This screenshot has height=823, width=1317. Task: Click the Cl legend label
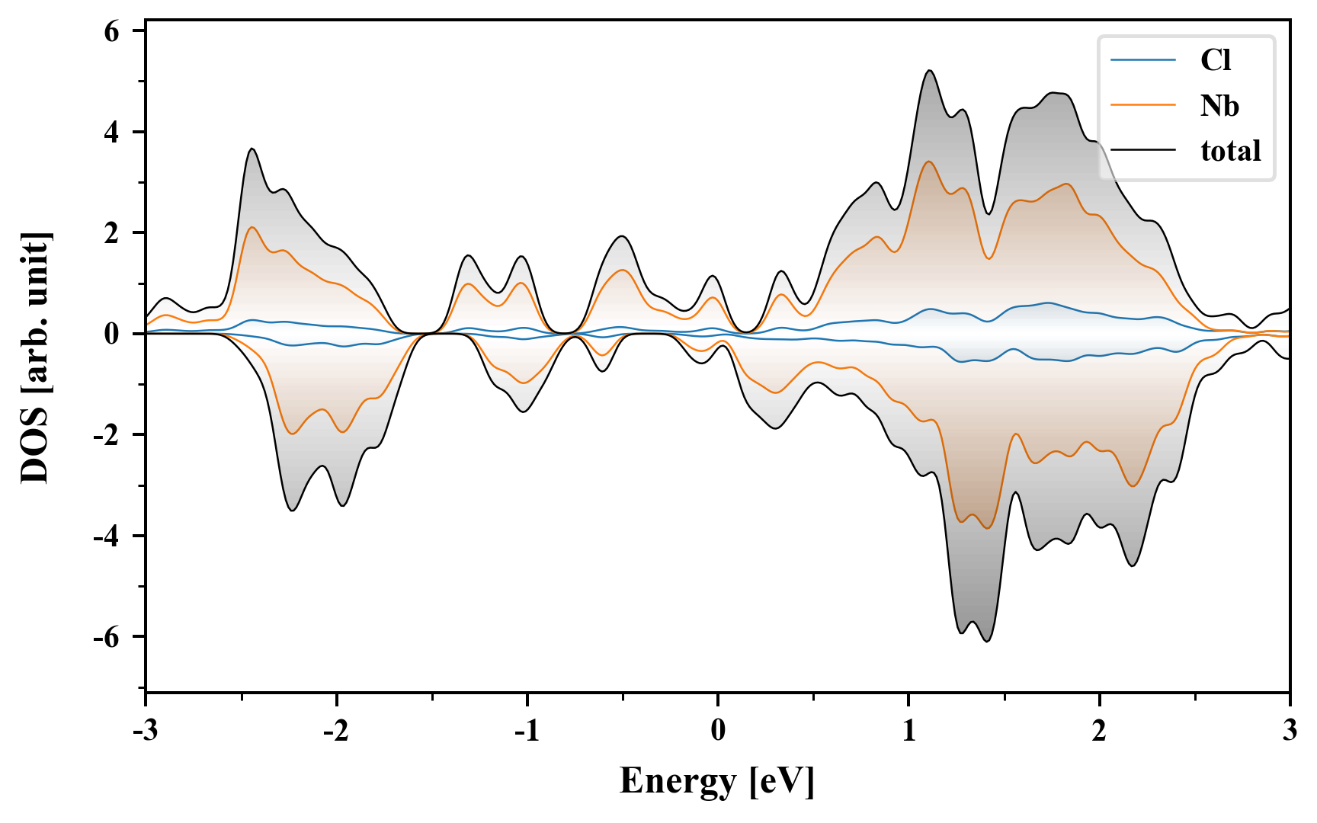[1216, 60]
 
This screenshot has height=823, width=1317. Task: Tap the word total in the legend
[1230, 151]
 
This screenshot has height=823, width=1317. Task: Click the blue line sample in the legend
[1142, 60]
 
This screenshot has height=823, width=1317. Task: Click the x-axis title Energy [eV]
[717, 781]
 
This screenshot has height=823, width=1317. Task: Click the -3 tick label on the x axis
[146, 731]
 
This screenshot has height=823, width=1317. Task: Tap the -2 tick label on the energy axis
[335, 731]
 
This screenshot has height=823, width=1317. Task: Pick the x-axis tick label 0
[718, 731]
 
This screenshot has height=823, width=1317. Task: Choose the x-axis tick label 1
[908, 731]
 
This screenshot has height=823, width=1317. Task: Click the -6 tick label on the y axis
[107, 637]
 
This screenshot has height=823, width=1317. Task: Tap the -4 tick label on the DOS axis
[107, 536]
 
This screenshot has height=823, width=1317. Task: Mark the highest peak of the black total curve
[930, 71]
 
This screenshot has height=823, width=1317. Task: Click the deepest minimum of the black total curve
[987, 642]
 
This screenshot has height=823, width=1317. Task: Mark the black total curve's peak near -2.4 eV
[252, 149]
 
